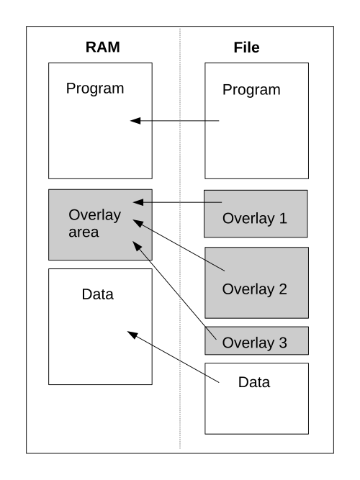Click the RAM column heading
pyautogui.click(x=102, y=48)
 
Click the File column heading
pyautogui.click(x=246, y=48)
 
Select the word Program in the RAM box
pyautogui.click(x=94, y=89)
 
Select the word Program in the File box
pyautogui.click(x=251, y=90)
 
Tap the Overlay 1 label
pyautogui.click(x=254, y=219)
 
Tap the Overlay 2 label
pyautogui.click(x=254, y=289)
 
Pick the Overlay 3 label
pyautogui.click(x=254, y=343)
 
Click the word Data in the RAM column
pyautogui.click(x=97, y=294)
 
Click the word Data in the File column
pyautogui.click(x=253, y=382)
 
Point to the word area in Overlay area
pyautogui.click(x=84, y=232)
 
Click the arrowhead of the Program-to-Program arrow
pyautogui.click(x=135, y=121)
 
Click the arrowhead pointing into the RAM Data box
pyautogui.click(x=132, y=334)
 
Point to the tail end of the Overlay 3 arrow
pyautogui.click(x=215, y=338)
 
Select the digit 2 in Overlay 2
pyautogui.click(x=282, y=289)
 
